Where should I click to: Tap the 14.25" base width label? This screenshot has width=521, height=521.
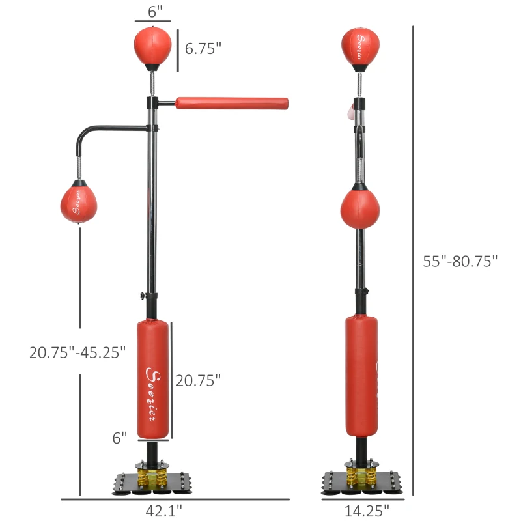363,511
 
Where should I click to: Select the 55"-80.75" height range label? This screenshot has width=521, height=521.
460,261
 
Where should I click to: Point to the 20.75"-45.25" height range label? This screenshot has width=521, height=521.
77,352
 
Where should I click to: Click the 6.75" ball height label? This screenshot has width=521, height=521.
203,48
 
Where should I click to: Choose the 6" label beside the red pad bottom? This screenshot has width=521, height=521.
120,438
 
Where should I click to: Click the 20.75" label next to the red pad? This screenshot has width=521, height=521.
199,380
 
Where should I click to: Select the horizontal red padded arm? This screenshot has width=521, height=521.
231,102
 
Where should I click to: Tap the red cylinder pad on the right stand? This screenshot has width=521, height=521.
361,376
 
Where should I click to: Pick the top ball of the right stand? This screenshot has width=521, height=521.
360,46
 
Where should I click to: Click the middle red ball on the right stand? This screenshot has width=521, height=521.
359,208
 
